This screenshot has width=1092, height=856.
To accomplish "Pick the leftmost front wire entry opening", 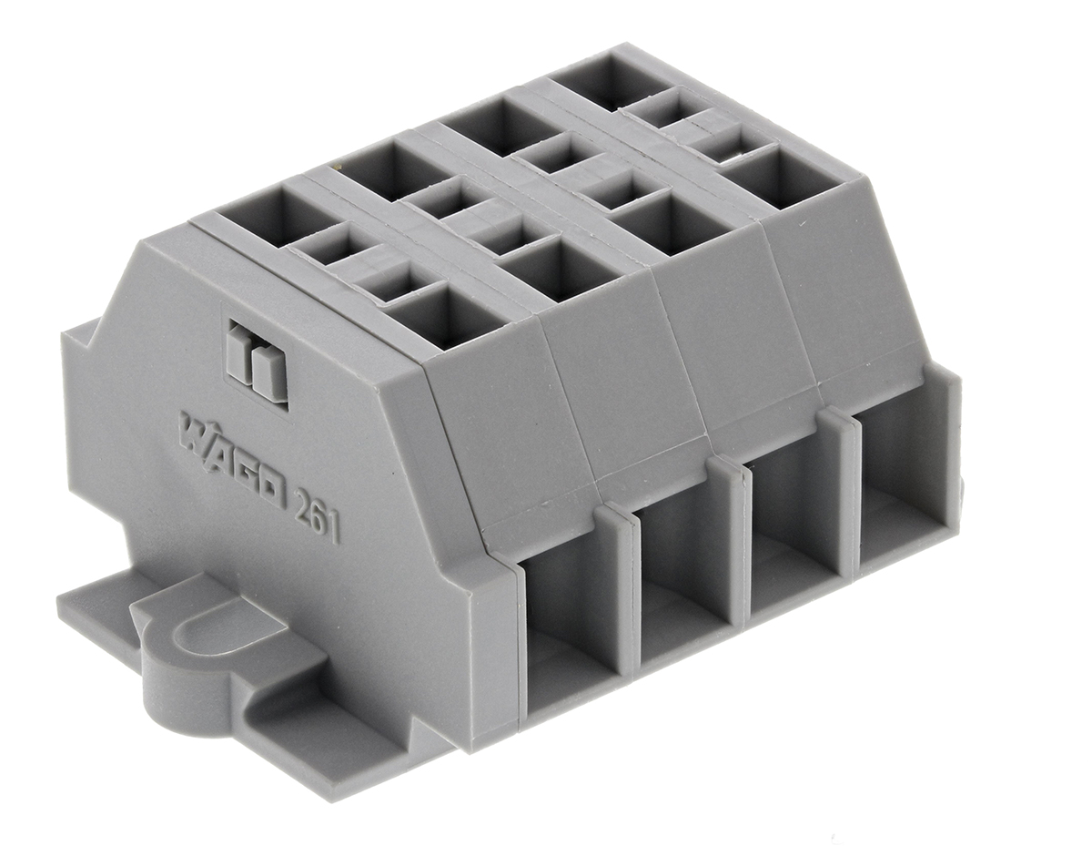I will coord(564,628).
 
